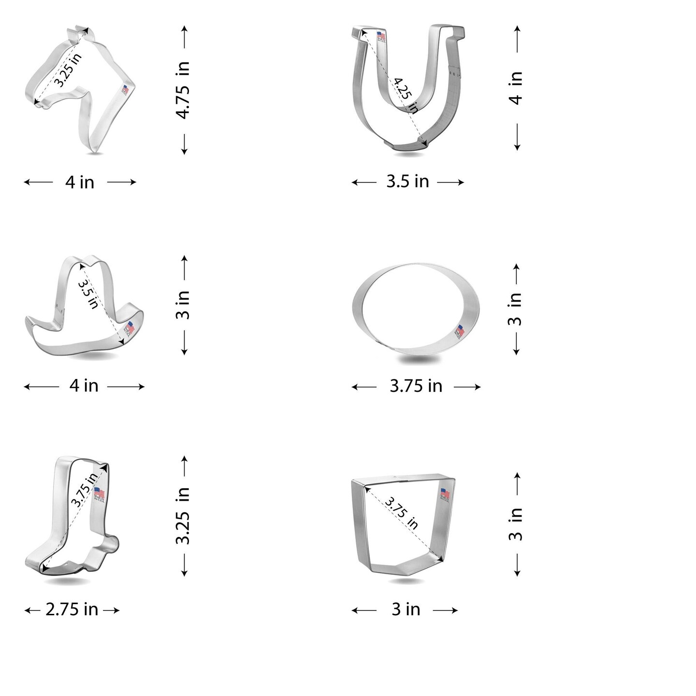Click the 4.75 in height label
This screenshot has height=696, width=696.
pyautogui.click(x=183, y=90)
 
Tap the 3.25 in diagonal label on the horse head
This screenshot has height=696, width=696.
pyautogui.click(x=67, y=70)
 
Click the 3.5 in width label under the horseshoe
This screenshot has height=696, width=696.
pyautogui.click(x=407, y=182)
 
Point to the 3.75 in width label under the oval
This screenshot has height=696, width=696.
pyautogui.click(x=416, y=386)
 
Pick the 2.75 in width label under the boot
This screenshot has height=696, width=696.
pyautogui.click(x=72, y=610)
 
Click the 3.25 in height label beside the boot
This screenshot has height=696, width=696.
pyautogui.click(x=183, y=516)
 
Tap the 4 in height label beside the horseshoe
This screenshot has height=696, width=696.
pyautogui.click(x=516, y=88)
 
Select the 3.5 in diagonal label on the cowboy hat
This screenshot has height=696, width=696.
pyautogui.click(x=88, y=292)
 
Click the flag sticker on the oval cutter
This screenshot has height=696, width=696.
pyautogui.click(x=459, y=332)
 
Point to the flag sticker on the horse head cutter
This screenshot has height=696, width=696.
pyautogui.click(x=125, y=90)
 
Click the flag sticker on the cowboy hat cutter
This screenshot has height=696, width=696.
pyautogui.click(x=130, y=328)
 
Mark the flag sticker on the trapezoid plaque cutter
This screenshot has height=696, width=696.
pyautogui.click(x=445, y=494)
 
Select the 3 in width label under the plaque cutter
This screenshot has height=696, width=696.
pyautogui.click(x=406, y=610)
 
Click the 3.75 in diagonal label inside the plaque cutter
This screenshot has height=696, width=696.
pyautogui.click(x=402, y=513)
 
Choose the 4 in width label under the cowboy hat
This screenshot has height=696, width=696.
pyautogui.click(x=84, y=386)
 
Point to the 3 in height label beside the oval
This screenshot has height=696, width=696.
pyautogui.click(x=516, y=309)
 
